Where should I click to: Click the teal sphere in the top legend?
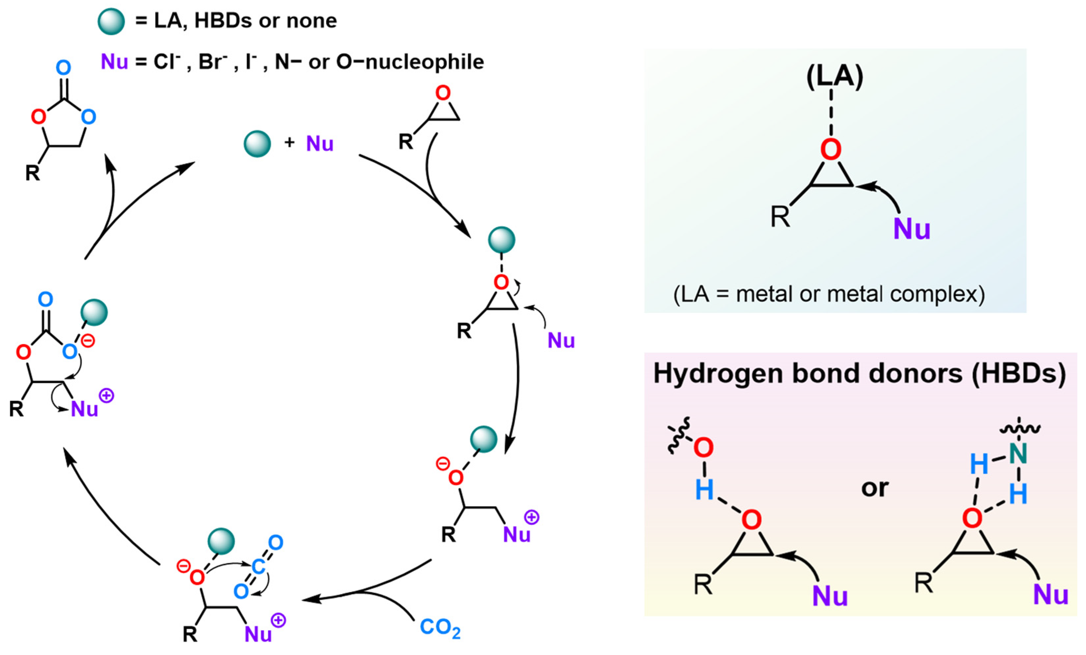tap(111, 21)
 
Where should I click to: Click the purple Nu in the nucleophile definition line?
tap(114, 62)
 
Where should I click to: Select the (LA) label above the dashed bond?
tap(834, 77)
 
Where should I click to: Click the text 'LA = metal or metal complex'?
tap(829, 294)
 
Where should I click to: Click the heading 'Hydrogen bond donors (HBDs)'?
tap(859, 374)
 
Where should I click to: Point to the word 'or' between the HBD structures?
tap(875, 488)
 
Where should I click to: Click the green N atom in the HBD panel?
tap(1018, 454)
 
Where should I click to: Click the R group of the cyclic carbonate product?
tap(32, 173)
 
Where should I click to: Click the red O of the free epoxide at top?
tap(443, 93)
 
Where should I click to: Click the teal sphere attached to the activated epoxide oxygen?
tap(502, 240)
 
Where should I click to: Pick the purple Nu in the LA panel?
tap(911, 230)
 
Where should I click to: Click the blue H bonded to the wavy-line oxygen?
tap(704, 490)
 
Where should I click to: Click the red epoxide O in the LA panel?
tap(831, 149)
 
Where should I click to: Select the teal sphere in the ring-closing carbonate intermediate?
tap(94, 313)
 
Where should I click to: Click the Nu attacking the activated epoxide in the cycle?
tap(561, 340)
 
